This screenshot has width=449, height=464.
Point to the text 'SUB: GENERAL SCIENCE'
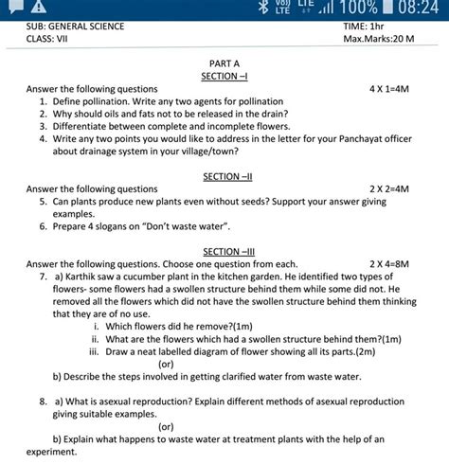coord(75,27)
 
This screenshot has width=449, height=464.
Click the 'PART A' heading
coord(224,62)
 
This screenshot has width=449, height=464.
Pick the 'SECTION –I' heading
coord(224,75)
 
